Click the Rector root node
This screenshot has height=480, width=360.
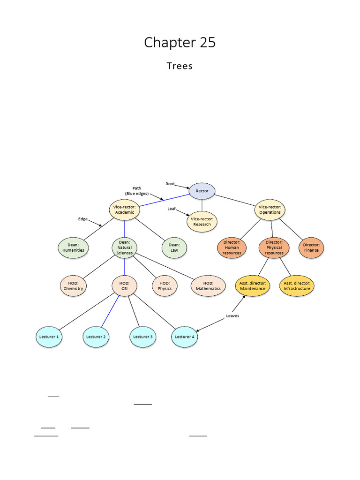(202, 191)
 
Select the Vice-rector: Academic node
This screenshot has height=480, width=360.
(124, 210)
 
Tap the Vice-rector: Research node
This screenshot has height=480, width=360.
(202, 221)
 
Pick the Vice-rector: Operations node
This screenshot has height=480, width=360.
(270, 210)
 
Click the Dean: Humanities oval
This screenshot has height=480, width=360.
(73, 247)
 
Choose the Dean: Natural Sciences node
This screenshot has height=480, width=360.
(124, 247)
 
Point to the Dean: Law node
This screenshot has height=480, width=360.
(174, 247)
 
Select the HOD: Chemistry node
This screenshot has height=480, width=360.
(73, 286)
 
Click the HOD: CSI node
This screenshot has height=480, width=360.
(124, 286)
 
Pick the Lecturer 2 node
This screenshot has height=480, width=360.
(96, 337)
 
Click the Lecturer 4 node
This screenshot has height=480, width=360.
(185, 337)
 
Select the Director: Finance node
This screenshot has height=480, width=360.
(311, 247)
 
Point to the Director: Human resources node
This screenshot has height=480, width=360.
(232, 247)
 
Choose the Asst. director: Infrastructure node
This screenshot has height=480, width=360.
(297, 286)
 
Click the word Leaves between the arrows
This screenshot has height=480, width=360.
(232, 316)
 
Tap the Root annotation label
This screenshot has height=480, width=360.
(170, 184)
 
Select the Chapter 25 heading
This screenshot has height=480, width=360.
(180, 42)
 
